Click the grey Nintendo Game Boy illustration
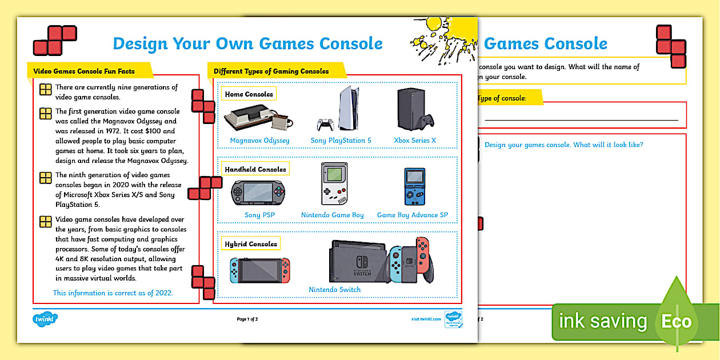click(x=334, y=183)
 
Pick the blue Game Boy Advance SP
click(x=414, y=186)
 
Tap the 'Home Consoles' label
click(x=249, y=94)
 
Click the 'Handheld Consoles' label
click(x=255, y=169)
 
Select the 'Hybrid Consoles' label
click(x=251, y=244)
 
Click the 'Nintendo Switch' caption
click(x=335, y=290)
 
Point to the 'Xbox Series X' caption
click(x=415, y=141)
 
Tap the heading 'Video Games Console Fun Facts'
click(x=84, y=71)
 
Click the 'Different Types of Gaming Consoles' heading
click(x=271, y=71)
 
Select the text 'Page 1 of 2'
click(x=247, y=319)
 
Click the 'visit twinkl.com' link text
click(x=426, y=319)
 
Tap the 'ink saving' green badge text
click(x=602, y=322)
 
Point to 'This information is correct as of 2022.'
click(x=113, y=293)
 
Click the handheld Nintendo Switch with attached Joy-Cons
click(x=260, y=270)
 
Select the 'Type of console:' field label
click(x=501, y=98)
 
